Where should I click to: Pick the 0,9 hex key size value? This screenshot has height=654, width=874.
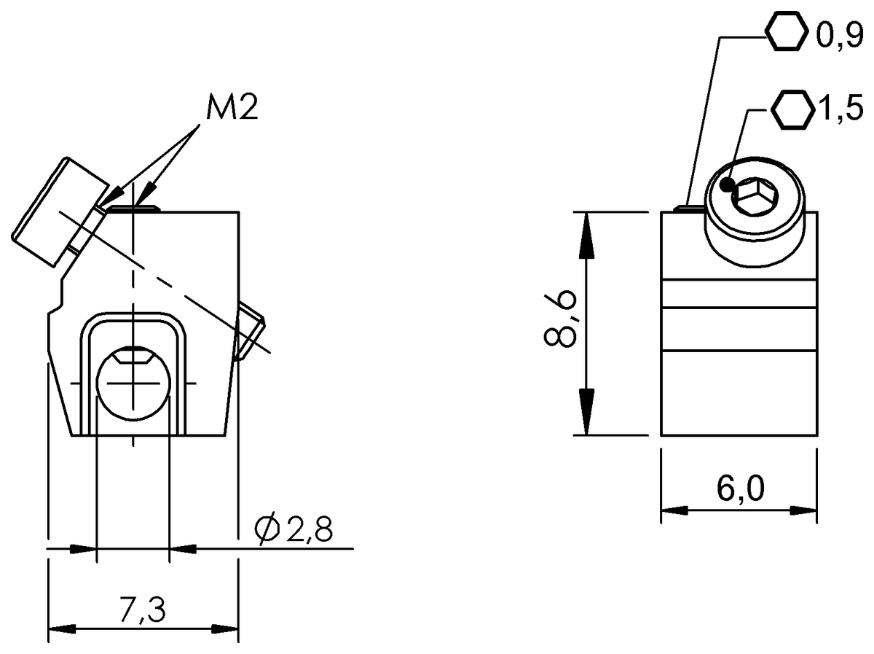[838, 36]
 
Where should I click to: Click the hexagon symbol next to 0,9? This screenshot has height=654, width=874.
[787, 33]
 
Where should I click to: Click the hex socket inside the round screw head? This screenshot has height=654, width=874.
[755, 197]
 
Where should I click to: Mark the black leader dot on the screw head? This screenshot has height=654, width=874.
[726, 185]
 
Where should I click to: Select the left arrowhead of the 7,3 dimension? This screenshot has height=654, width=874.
[62, 629]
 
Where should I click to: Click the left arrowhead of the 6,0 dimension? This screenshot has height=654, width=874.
[675, 510]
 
